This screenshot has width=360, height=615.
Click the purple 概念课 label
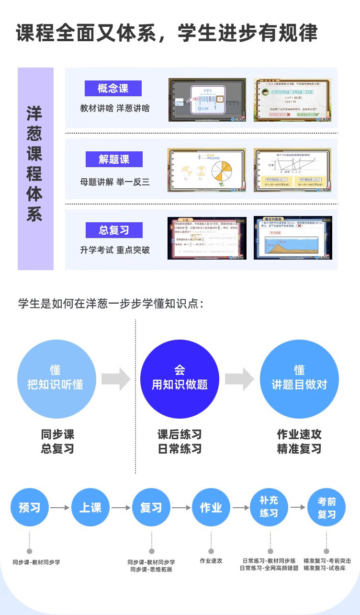coord(113,88)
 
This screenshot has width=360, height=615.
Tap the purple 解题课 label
coord(114,159)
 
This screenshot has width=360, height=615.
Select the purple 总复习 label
coord(114,230)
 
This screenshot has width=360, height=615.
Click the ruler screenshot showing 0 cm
coord(207,100)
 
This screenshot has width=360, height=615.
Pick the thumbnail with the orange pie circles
coord(206,170)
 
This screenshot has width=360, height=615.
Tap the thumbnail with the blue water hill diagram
coord(293,238)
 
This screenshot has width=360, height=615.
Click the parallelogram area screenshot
coord(293,170)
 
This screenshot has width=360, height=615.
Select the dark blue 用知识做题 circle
coord(180,379)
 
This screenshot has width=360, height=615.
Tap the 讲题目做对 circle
coord(299,379)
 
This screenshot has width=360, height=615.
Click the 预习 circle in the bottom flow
coord(30,508)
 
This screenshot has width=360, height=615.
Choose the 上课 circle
coord(90,508)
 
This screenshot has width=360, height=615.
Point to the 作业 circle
coord(211,508)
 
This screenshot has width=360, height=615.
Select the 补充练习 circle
coord(270,507)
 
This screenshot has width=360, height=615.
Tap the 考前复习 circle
coord(326,508)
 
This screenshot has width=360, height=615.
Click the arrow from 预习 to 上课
coord(60,508)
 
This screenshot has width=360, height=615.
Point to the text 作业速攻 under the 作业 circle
coord(211,561)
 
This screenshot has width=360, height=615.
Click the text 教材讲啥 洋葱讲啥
coord(115,108)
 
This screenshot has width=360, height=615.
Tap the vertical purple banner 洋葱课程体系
coord(35,169)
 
